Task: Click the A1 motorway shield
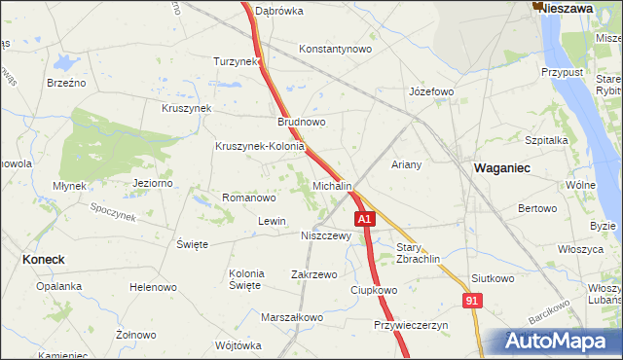[364, 220]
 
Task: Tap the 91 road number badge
[472, 302]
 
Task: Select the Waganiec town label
[501, 167]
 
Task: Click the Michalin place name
[332, 185]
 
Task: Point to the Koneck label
[43, 260]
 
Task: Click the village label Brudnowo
[302, 123]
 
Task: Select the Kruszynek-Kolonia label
[260, 147]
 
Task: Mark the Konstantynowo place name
[336, 48]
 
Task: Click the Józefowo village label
[431, 91]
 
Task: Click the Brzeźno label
[66, 83]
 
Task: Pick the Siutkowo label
[492, 278]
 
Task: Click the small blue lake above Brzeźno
[65, 61]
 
